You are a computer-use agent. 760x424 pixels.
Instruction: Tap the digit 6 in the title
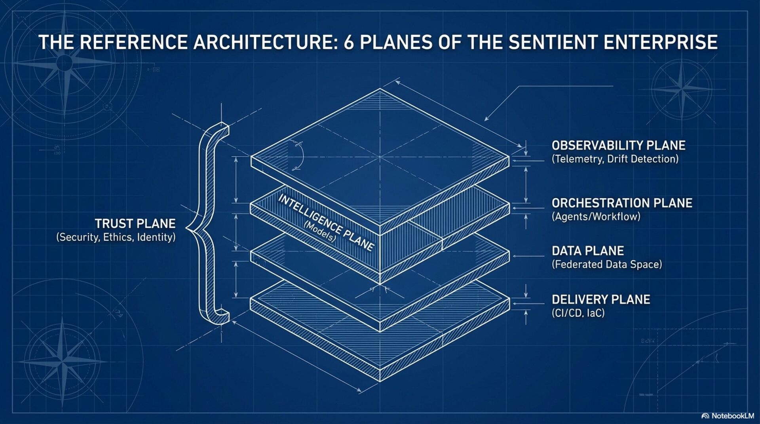[348, 42]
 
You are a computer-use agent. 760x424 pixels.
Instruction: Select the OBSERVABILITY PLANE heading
[618, 146]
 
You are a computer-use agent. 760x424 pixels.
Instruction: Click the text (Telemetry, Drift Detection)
[615, 159]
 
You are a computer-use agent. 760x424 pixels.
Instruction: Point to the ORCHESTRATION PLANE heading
[622, 203]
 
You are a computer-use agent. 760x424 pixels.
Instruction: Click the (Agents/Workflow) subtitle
[596, 217]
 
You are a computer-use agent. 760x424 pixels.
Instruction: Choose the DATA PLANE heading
[588, 251]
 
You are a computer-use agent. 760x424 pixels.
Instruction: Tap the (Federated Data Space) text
[607, 265]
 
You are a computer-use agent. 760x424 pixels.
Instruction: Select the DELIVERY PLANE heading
[601, 300]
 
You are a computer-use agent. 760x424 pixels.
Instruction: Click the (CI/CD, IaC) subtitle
[578, 313]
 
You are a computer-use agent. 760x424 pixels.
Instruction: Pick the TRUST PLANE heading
[135, 224]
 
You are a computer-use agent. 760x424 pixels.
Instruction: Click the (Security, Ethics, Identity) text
[116, 237]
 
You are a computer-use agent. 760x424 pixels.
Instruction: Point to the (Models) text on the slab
[319, 232]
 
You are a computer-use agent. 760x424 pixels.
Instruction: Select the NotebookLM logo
[728, 416]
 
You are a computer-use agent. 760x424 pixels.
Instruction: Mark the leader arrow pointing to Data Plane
[528, 256]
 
